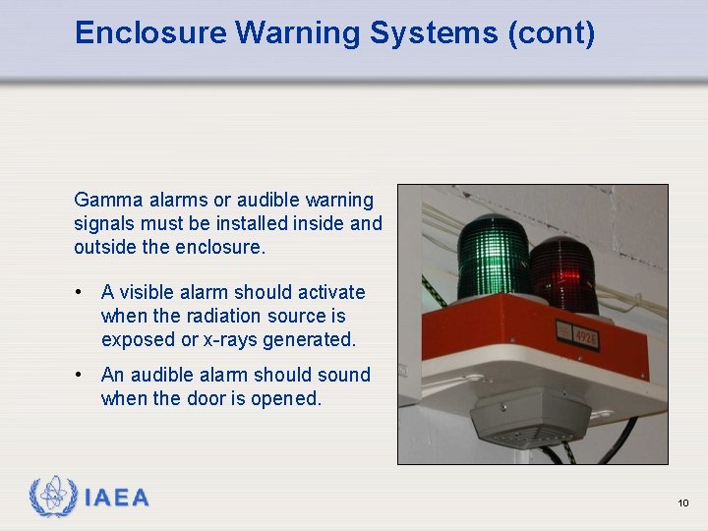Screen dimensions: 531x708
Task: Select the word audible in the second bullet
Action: tap(163, 375)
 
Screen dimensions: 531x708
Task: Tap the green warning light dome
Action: tap(493, 258)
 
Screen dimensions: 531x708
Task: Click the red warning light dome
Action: tap(562, 272)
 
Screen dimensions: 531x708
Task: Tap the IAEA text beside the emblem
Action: tap(117, 499)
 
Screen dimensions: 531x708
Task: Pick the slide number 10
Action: tap(682, 503)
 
